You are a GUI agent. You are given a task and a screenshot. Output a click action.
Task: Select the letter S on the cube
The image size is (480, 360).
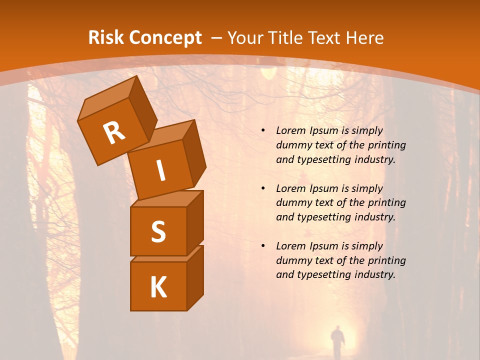pyautogui.click(x=158, y=231)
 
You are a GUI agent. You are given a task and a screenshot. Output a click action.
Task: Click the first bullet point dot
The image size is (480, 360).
pyautogui.click(x=263, y=130)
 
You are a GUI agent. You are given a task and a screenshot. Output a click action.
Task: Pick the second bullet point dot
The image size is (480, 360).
pyautogui.click(x=263, y=188)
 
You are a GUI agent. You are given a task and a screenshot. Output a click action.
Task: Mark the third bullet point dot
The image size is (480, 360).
pyautogui.click(x=263, y=246)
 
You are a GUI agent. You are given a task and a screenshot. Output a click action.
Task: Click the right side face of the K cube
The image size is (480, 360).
pyautogui.click(x=195, y=277)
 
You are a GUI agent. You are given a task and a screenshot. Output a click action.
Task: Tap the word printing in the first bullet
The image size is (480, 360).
pyautogui.click(x=387, y=145)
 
